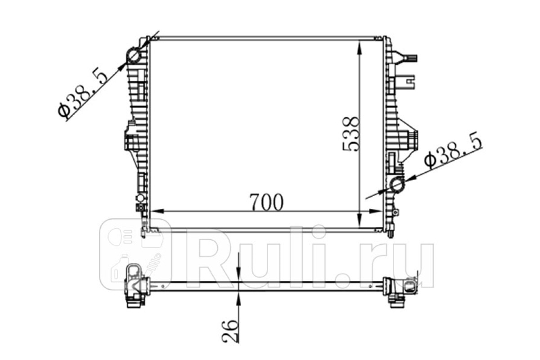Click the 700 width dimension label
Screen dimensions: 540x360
coord(266,202)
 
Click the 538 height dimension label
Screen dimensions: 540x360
coord(351,134)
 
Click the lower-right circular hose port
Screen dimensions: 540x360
coord(396,185)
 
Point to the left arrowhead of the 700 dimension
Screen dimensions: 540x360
coord(157,211)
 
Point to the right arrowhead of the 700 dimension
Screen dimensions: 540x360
coord(376,211)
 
